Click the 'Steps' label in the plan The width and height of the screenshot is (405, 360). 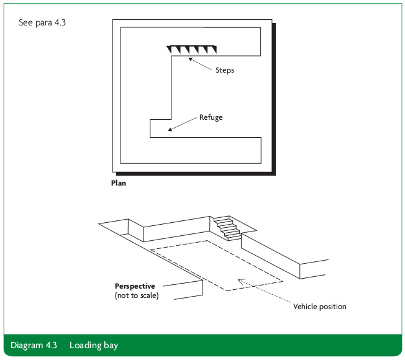[224, 70]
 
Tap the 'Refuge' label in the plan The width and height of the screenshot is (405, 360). [211, 117]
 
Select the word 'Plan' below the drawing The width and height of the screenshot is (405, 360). [118, 183]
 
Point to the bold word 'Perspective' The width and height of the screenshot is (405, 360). [135, 286]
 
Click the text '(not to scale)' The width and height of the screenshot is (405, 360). [137, 295]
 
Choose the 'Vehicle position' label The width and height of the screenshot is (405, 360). [320, 307]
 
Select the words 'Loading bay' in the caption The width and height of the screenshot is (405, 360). [93, 345]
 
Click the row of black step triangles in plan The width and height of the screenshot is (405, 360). [192, 49]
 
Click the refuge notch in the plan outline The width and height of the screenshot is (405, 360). [161, 128]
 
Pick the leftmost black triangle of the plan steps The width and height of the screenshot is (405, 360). [170, 49]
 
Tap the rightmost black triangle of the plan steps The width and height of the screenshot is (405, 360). [213, 49]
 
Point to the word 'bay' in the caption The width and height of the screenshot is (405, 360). [109, 345]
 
